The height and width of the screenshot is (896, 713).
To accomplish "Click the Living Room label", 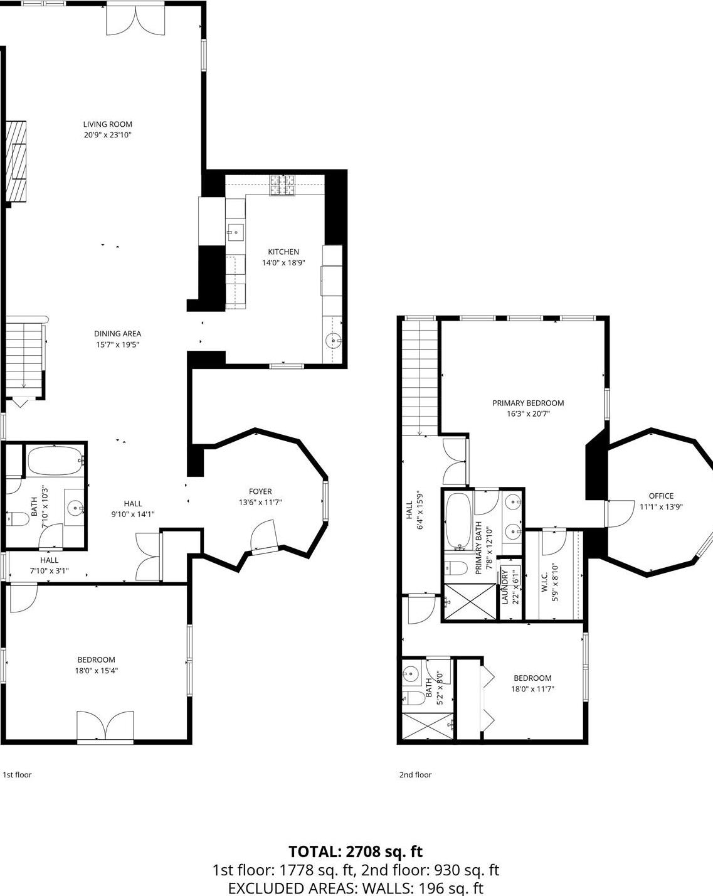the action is [107, 124].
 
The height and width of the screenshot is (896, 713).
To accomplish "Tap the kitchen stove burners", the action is [283, 185].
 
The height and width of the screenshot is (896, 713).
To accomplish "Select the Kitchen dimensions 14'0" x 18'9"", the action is [283, 263].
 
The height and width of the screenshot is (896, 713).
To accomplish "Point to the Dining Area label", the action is [117, 334].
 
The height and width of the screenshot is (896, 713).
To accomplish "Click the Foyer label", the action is [260, 491].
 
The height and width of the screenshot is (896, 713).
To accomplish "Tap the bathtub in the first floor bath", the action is [56, 461].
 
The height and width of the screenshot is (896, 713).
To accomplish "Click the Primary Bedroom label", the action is [528, 403].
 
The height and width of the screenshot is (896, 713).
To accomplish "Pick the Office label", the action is [661, 496].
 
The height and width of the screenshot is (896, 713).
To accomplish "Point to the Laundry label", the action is [505, 587].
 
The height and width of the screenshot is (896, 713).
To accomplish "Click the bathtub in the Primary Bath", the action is [458, 520].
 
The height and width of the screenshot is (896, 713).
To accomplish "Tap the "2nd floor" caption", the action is [415, 774].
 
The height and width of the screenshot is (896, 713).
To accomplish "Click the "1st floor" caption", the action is [18, 774].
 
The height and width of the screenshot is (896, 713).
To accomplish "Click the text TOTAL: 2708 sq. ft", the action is [356, 851].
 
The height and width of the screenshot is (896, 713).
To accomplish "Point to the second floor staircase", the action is [420, 378].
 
